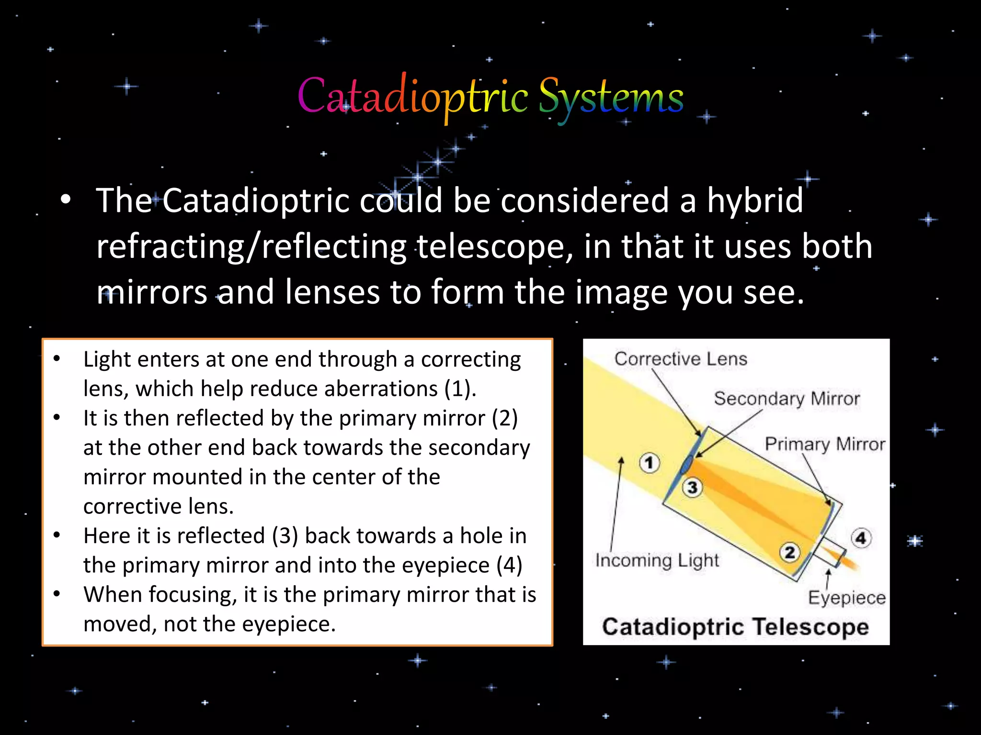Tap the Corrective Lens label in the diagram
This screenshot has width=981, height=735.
click(x=680, y=359)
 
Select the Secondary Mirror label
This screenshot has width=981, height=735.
click(x=787, y=399)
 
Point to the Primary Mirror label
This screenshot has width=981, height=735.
click(x=824, y=444)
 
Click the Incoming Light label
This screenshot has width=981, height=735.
click(x=657, y=560)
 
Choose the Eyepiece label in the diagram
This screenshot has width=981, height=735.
click(x=846, y=598)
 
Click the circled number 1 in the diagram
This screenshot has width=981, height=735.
click(x=649, y=463)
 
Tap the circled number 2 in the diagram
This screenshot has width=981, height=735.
click(x=790, y=552)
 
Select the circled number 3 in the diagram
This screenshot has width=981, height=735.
click(x=692, y=488)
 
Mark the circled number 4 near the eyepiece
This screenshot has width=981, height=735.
click(x=861, y=538)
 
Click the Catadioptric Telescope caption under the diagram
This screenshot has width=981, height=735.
click(x=735, y=627)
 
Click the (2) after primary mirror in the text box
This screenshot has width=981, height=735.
click(x=505, y=418)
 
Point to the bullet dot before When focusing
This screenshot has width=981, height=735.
click(x=57, y=594)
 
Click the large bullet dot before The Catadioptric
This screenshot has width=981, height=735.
click(x=66, y=200)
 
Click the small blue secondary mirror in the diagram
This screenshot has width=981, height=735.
click(x=687, y=464)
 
